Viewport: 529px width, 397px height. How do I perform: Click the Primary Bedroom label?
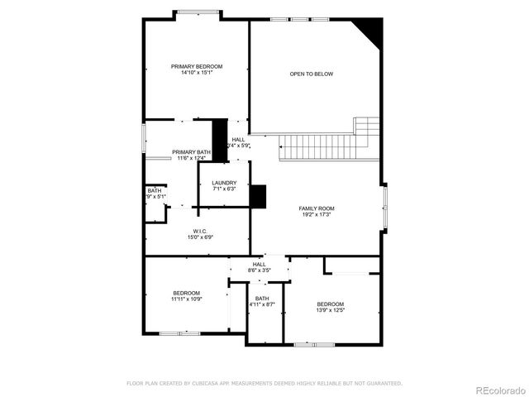(x=197, y=66)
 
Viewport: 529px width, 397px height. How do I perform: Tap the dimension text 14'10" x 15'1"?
(x=197, y=73)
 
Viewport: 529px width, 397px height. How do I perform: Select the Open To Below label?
(x=312, y=74)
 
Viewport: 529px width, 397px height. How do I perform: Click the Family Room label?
(x=316, y=208)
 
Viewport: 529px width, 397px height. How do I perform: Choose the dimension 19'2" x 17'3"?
(x=316, y=215)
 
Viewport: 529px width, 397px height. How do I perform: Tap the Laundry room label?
(x=224, y=183)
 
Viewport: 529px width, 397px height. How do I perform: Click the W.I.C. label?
(x=200, y=231)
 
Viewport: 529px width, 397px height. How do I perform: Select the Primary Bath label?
(x=191, y=152)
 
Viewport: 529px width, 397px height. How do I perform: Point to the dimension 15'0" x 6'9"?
(x=200, y=237)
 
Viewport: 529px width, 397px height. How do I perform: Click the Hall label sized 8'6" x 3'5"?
(x=260, y=264)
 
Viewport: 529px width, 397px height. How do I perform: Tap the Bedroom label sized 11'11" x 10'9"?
(x=187, y=293)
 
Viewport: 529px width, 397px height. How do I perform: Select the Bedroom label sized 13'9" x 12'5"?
(x=331, y=304)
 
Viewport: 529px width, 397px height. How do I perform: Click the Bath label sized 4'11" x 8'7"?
(x=262, y=299)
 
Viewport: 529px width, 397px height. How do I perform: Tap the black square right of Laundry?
(x=259, y=196)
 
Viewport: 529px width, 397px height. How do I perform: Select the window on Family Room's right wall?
(x=384, y=207)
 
